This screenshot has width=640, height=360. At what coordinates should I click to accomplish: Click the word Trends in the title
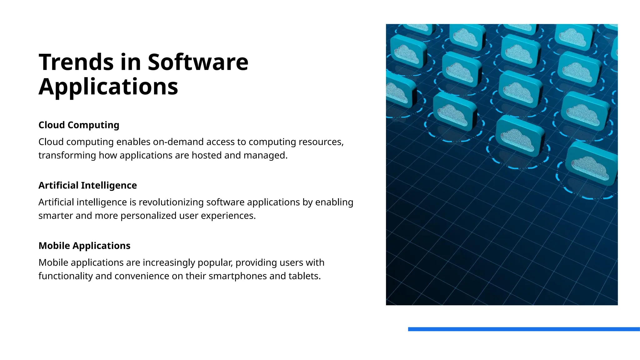[x=76, y=62]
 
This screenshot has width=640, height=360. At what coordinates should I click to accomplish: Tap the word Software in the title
[x=198, y=62]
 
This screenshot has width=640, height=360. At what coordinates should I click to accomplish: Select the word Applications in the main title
[x=108, y=87]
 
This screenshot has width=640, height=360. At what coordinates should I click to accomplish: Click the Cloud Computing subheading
[x=79, y=125]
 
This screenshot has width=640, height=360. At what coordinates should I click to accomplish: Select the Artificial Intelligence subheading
[x=87, y=185]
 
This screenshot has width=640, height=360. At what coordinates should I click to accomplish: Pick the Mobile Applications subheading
[x=84, y=246]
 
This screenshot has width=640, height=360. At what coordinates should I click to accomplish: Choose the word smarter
[x=56, y=216]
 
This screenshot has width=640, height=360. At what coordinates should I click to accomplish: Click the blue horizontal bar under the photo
[x=524, y=329]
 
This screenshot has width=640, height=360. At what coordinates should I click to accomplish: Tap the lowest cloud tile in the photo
[x=591, y=164]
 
